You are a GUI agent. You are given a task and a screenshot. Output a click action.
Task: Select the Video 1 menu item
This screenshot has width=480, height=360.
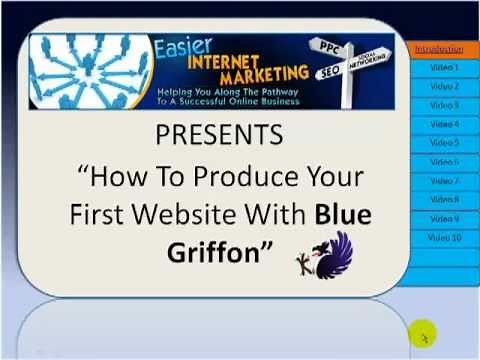(444, 67)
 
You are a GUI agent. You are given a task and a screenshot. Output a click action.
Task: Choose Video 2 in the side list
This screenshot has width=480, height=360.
(444, 86)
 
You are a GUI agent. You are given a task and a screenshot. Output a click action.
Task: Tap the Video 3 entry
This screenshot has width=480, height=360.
(444, 105)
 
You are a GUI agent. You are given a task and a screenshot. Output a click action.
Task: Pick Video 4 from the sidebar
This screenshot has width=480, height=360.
(444, 124)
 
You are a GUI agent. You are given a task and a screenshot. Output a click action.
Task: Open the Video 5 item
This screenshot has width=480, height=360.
(444, 143)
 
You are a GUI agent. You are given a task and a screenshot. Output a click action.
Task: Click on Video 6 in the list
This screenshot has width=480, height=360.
(444, 162)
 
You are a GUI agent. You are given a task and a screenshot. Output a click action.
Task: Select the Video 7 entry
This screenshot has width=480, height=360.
(444, 181)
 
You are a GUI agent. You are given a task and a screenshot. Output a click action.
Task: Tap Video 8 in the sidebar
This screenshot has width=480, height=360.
(444, 200)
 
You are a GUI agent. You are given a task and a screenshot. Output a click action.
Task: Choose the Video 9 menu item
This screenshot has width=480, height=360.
(444, 219)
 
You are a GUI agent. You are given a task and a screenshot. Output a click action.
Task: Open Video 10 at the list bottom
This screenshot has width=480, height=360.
(444, 238)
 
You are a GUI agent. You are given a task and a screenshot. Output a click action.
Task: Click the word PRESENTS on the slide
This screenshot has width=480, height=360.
(219, 135)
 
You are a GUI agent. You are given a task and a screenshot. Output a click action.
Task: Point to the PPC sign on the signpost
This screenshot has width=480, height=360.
(329, 47)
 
